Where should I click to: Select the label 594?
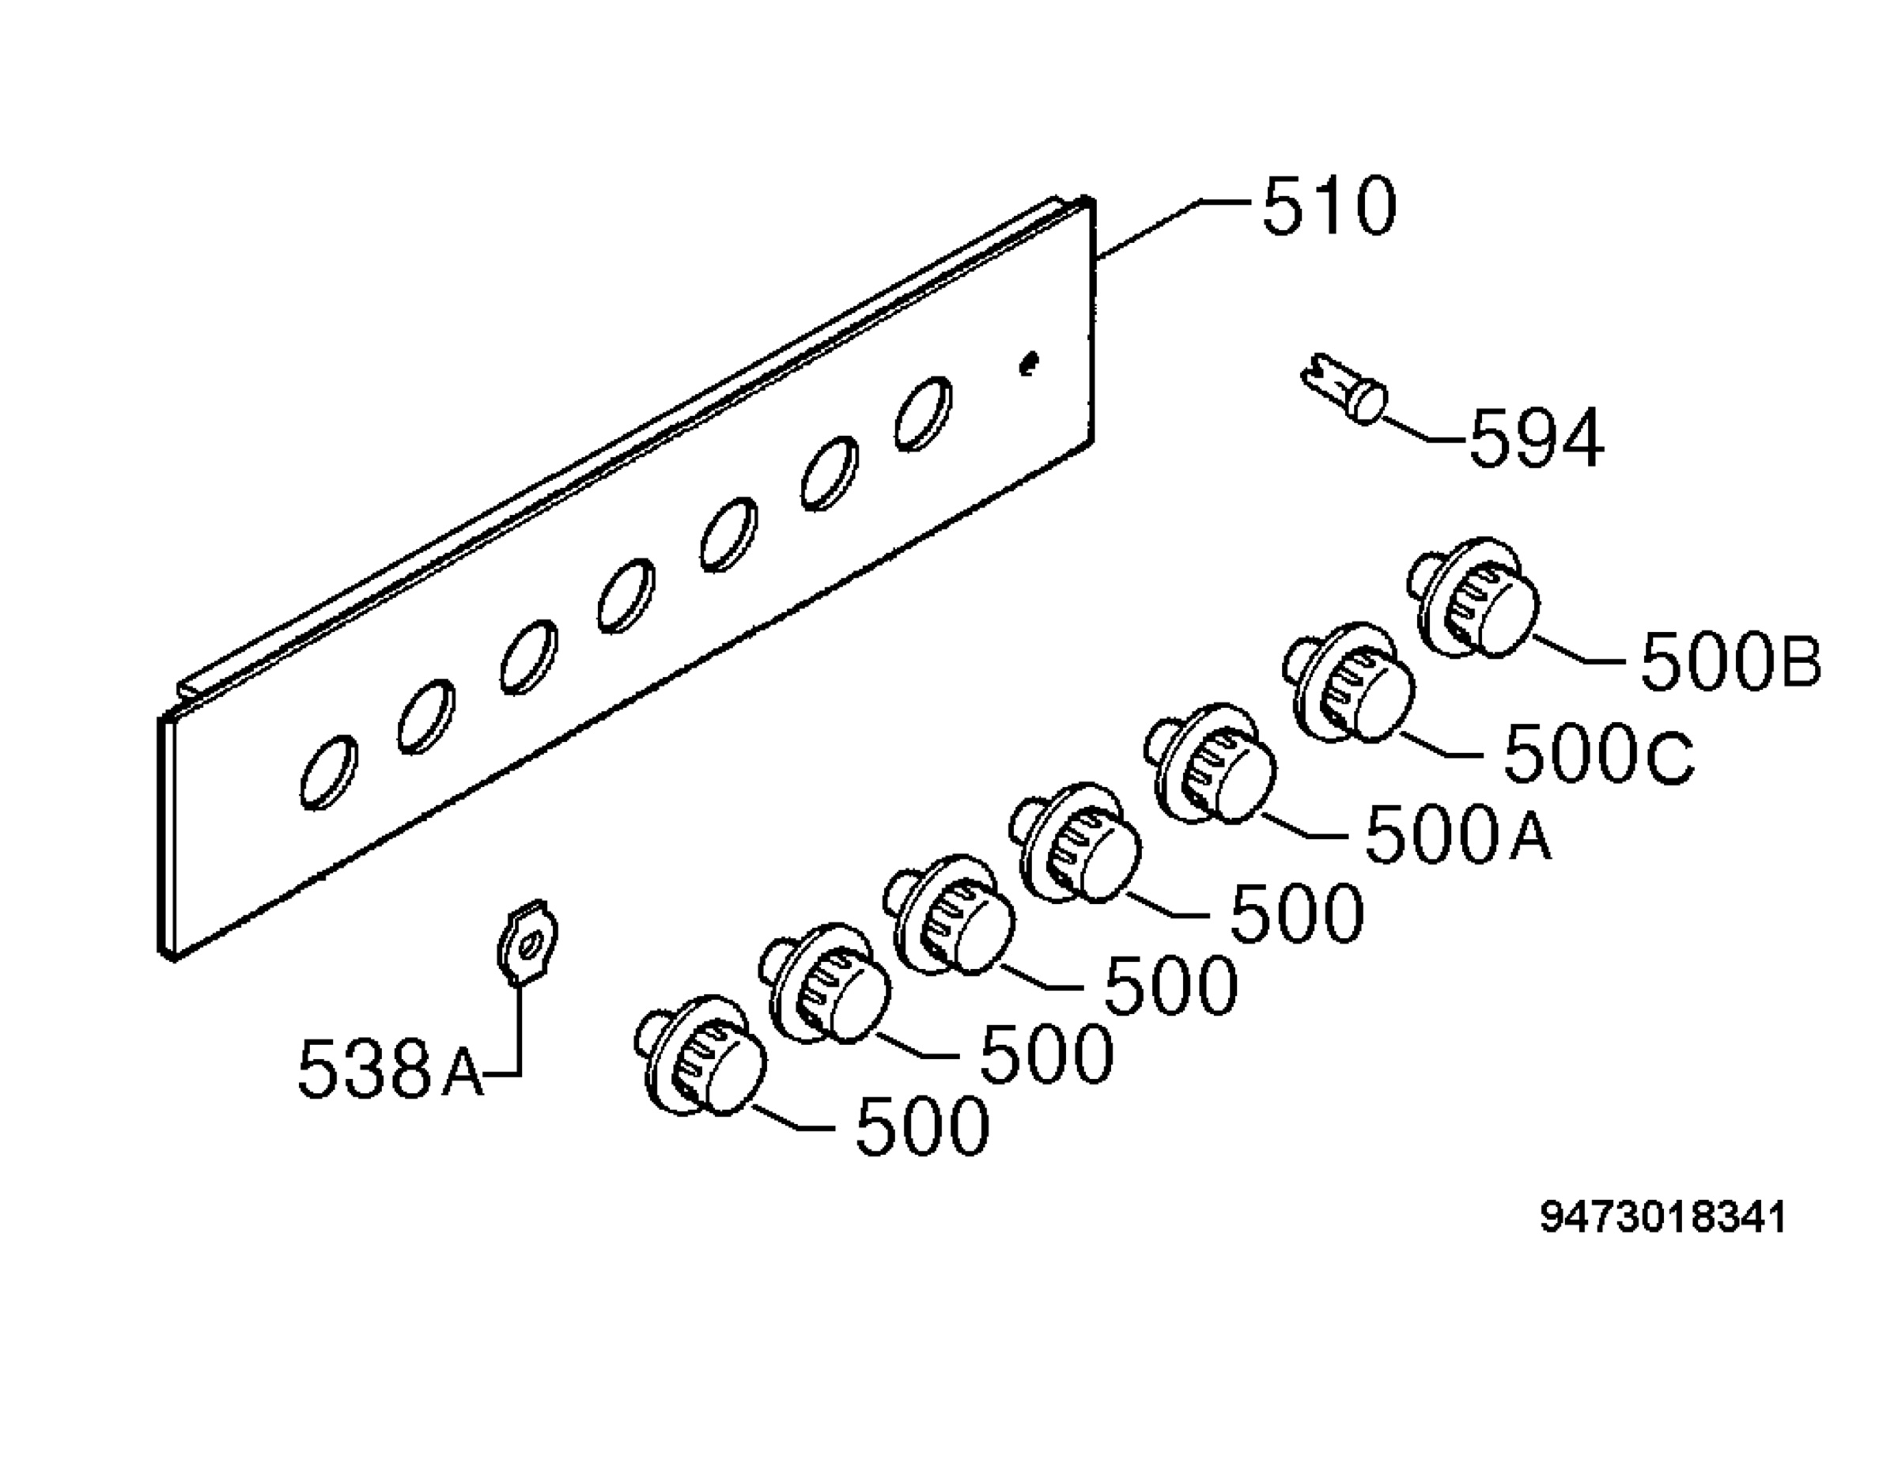[1536, 439]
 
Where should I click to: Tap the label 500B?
[1730, 662]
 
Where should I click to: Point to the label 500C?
[1597, 756]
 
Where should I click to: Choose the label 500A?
[1458, 833]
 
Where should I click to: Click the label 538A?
[390, 1068]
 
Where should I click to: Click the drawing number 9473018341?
[1662, 1217]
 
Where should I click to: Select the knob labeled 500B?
[1473, 598]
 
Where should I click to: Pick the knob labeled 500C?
[1348, 683]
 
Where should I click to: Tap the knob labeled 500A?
[1211, 764]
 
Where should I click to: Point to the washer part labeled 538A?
[527, 944]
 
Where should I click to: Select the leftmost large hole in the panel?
[328, 772]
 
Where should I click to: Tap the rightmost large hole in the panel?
[923, 413]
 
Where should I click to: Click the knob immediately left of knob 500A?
[1074, 843]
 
